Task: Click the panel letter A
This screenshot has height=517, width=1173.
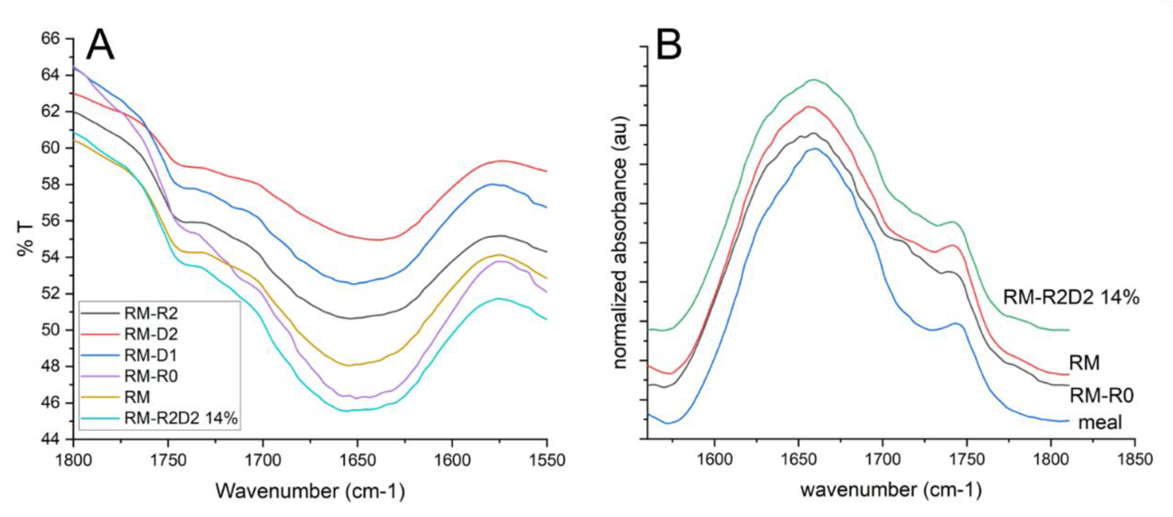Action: coord(100,45)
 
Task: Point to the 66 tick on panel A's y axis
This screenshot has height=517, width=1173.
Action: coord(50,39)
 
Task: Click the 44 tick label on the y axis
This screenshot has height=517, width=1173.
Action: coord(50,439)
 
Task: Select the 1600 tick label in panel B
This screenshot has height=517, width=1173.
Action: coord(714,459)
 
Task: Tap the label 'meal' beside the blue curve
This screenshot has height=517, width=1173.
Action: coord(1100,422)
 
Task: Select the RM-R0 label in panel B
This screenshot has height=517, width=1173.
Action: coord(1101,395)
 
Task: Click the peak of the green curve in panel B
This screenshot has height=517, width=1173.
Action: coord(813,80)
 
